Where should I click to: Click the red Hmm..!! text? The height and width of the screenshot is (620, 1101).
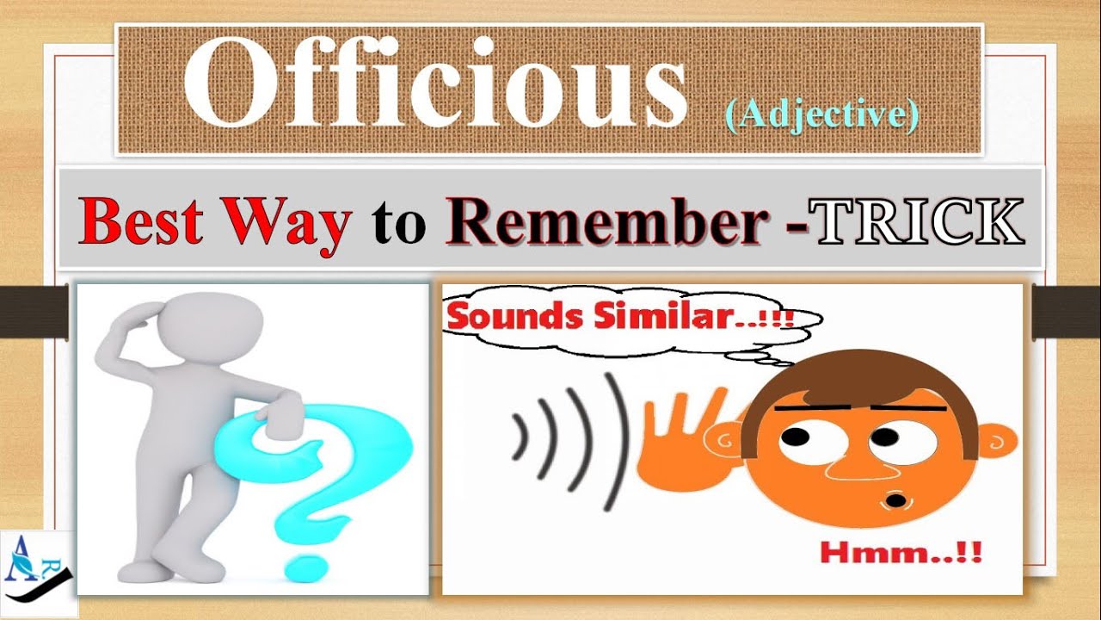900,551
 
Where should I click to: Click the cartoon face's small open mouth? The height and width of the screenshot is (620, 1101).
896,499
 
